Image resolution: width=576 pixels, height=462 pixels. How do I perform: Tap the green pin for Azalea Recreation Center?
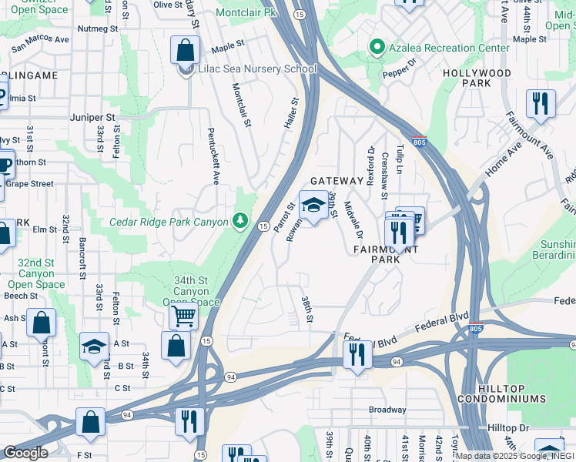[x=376, y=48]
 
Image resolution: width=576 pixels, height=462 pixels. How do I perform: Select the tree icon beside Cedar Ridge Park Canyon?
[x=241, y=223]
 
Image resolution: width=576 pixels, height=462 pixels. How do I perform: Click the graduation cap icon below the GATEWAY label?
[x=313, y=206]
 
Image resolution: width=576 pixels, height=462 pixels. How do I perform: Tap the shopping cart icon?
[x=183, y=315]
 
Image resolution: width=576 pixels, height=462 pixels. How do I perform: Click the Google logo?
[x=25, y=453]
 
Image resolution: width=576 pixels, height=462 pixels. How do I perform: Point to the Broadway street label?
[x=387, y=410]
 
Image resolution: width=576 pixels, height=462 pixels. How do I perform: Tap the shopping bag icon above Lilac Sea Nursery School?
[x=186, y=51]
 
